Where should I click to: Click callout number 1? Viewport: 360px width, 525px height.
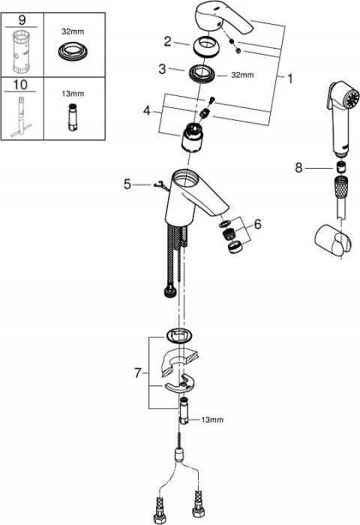point(290,78)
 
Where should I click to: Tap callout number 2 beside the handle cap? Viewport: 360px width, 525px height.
point(167,41)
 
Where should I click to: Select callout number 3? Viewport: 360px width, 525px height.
point(162,69)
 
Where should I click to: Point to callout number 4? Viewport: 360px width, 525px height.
point(147,110)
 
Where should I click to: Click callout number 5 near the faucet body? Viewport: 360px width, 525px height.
point(127,184)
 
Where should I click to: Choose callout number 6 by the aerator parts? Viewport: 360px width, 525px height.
point(257,224)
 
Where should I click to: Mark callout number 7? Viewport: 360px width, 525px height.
point(138,373)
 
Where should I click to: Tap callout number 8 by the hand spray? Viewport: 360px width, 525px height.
point(298,167)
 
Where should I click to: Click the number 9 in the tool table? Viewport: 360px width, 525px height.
point(22,20)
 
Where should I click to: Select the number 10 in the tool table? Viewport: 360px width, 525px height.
point(20,85)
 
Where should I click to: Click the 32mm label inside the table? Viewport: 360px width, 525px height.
point(73,31)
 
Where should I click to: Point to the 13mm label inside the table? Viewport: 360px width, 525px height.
point(73,94)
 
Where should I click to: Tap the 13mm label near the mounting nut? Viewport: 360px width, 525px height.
point(212,419)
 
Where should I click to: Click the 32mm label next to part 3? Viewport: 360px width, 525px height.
point(242,75)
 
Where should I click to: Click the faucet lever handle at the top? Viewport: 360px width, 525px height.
point(223,19)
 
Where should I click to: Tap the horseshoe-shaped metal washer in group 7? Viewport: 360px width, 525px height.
point(181,385)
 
